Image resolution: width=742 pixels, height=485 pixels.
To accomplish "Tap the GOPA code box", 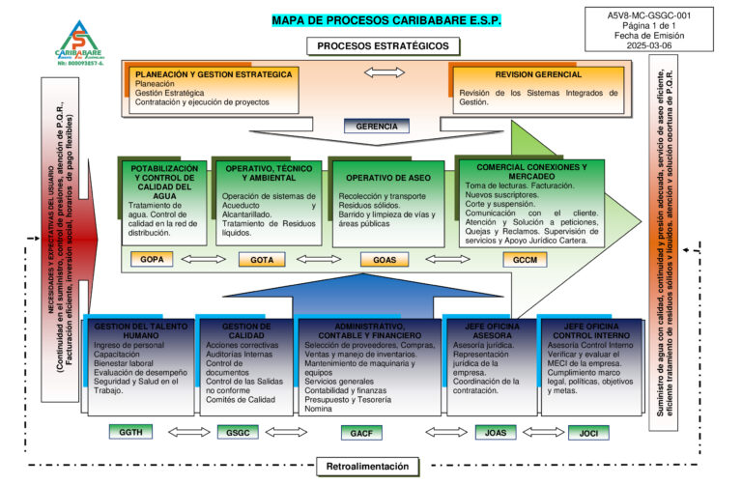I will [x=152, y=259].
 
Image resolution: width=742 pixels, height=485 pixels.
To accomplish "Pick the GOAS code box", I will [x=385, y=259].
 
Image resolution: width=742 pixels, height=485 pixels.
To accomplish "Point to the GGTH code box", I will [x=130, y=432].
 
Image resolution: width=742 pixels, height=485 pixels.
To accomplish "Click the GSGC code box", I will [x=238, y=432].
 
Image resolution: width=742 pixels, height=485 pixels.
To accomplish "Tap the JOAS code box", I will [x=496, y=432].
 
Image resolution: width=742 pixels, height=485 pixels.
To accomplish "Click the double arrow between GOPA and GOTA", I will [x=205, y=259].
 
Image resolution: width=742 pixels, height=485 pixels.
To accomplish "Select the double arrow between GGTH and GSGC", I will [x=184, y=432].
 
